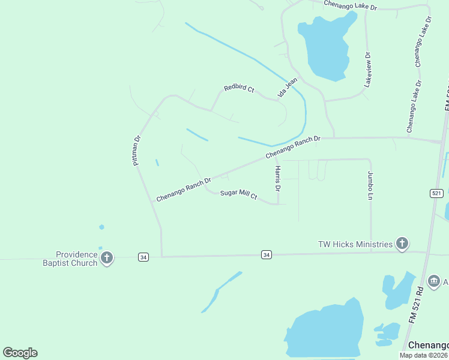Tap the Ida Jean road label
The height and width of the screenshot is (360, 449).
288,88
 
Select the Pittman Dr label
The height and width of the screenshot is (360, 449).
137,150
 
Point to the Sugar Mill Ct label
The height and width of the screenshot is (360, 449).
238,194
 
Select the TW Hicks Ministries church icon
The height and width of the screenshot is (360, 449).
402,244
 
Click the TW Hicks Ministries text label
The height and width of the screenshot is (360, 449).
356,244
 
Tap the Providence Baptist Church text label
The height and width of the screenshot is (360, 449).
70,259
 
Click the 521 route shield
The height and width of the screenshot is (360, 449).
436,193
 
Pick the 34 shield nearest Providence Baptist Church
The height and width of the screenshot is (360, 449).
143,257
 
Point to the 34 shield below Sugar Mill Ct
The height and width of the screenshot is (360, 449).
266,255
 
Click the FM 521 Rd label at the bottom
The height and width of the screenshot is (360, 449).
417,306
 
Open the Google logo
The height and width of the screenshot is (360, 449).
20,353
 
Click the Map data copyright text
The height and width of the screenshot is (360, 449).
423,355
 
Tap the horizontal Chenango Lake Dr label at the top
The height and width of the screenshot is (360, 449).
350,5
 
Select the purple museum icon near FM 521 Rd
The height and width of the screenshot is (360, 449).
433,281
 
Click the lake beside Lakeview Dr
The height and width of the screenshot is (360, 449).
327,48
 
